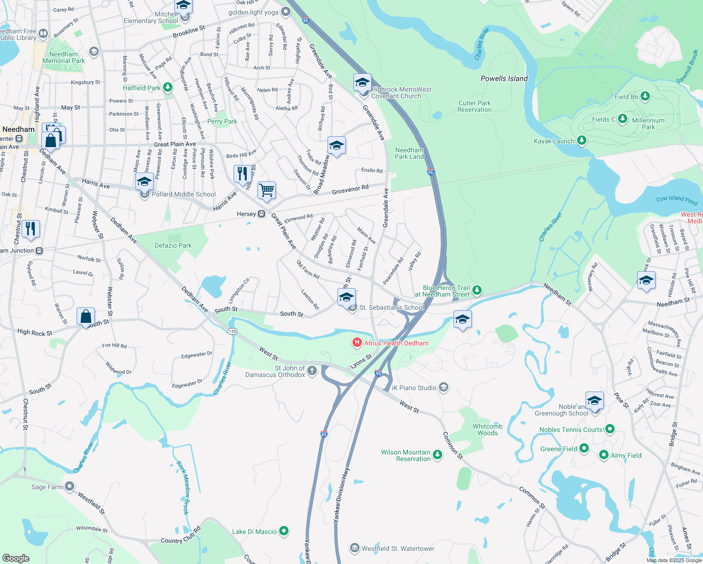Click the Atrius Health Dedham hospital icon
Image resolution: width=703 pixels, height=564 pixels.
[x=357, y=343]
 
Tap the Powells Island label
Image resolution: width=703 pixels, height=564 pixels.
[x=504, y=78]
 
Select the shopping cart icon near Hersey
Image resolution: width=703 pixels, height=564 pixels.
[x=266, y=190]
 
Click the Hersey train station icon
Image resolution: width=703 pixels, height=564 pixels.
[x=262, y=214]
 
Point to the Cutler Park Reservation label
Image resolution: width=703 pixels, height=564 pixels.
[x=475, y=106]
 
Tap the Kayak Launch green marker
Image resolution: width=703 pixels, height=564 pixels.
[x=582, y=141]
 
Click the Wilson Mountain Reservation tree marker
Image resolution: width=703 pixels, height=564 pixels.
[x=437, y=454]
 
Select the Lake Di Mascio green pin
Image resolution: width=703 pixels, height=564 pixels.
[x=284, y=531]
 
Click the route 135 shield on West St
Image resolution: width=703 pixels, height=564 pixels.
[x=232, y=331]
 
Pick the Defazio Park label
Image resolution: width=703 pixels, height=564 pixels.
[x=173, y=245]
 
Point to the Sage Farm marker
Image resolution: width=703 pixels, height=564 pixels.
[x=70, y=486]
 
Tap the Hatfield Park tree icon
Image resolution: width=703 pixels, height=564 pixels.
[x=168, y=87]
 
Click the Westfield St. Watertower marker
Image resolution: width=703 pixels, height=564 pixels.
[x=355, y=548]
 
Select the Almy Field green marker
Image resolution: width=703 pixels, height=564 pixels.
[x=604, y=455]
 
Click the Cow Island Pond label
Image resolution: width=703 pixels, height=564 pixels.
[x=677, y=200]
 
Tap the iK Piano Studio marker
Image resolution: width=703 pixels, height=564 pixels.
[x=443, y=387]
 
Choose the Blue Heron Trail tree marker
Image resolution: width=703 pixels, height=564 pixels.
[x=477, y=290]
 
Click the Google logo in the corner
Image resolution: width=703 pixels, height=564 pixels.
[x=16, y=558]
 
